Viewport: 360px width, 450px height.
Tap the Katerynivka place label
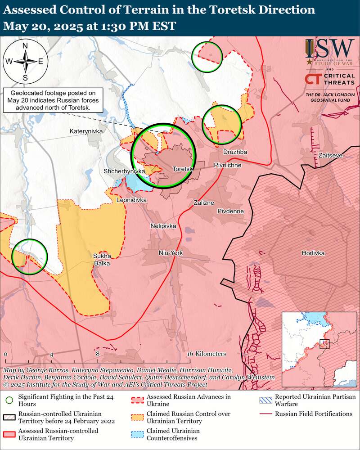pos(86,131)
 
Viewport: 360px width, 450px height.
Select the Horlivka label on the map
pos(313,253)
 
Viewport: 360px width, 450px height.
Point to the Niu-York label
pos(171,253)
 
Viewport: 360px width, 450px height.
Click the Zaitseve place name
pos(330,155)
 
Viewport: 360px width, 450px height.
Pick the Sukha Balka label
pos(102,260)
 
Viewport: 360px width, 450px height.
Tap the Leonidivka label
pos(131,199)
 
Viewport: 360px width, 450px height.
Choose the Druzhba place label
pos(235,152)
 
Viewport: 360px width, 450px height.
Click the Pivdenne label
pos(230,211)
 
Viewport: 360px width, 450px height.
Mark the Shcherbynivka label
pos(124,171)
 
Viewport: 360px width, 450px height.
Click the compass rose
pos(25,61)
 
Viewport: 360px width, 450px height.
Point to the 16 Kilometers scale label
pos(207,354)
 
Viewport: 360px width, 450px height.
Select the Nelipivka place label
pos(163,226)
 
